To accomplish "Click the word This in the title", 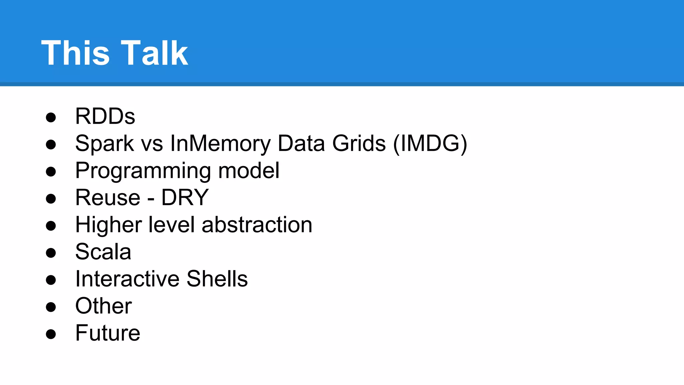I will point(75,53).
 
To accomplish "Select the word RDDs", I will point(105,116).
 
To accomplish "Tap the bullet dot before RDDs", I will point(51,117).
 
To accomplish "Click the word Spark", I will point(104,144).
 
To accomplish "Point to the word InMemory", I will point(220,144).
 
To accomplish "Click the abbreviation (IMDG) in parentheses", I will point(430,144).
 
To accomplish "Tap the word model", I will point(248,170).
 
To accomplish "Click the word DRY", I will point(185,198).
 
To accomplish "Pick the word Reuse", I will point(108,198).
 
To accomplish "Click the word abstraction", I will point(257,225).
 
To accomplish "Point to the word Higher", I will point(109,225).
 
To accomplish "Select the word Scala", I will point(103,252).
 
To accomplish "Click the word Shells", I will point(217,279).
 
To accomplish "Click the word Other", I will point(103,306).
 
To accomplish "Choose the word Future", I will point(108,333).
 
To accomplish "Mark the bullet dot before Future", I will point(51,334).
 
